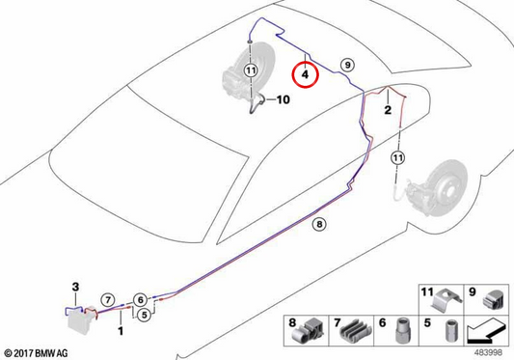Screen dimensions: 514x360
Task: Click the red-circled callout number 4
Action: coord(305,75)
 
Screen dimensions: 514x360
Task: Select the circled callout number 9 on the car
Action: coord(347,65)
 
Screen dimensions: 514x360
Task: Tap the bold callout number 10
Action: coord(284,99)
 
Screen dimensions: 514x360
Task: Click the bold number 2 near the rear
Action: coord(388,110)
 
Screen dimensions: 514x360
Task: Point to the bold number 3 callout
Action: coord(75,287)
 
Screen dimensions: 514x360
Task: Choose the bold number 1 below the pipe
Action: coord(121,330)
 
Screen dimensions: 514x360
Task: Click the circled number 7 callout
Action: coord(108,299)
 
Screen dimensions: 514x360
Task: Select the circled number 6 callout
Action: coord(140,299)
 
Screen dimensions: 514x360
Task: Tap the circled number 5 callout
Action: coord(144,315)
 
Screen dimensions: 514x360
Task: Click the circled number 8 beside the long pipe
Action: coord(319,225)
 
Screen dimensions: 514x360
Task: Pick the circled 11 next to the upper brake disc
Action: coord(251,70)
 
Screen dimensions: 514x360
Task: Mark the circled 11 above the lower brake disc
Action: coord(397,158)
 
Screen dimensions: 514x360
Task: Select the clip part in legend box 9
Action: coord(494,299)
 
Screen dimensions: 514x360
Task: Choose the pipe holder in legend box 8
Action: coord(308,331)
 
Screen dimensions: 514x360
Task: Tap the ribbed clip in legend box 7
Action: coord(356,331)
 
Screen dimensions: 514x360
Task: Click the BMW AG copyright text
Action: coord(36,353)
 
